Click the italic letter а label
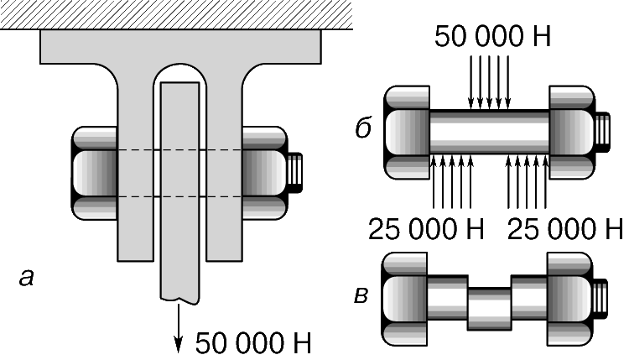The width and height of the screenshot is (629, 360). (27, 278)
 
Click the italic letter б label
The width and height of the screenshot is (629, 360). (364, 128)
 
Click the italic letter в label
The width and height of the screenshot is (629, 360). (361, 296)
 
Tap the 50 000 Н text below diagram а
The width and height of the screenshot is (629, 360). (253, 343)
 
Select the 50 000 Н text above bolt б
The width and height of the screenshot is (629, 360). (492, 36)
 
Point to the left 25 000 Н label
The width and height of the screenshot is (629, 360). (426, 229)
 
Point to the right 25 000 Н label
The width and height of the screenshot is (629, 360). (565, 229)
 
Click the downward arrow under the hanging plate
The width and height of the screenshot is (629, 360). (178, 328)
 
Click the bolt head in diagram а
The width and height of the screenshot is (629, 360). (94, 173)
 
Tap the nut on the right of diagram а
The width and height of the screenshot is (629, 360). (265, 173)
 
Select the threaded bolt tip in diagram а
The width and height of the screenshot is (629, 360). (295, 173)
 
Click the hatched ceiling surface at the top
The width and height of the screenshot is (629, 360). (176, 14)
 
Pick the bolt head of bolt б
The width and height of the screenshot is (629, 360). (407, 132)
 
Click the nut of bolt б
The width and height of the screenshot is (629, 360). (572, 132)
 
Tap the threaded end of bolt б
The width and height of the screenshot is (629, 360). (602, 132)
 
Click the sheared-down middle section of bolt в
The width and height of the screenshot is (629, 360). (490, 309)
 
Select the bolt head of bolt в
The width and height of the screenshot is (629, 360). (404, 299)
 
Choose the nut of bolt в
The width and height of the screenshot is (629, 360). (569, 299)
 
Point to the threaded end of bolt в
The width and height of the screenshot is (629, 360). (600, 299)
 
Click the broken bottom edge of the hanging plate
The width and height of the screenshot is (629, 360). (179, 300)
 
